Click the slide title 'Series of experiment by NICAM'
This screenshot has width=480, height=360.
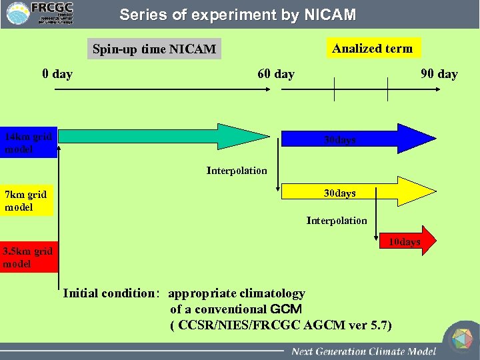tap(237, 15)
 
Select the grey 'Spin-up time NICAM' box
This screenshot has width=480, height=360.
tap(154, 49)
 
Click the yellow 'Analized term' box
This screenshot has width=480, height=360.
tap(372, 48)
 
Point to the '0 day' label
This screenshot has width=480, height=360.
tap(57, 73)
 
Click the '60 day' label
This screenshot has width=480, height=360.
tap(276, 73)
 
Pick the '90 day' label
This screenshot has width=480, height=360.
tap(439, 73)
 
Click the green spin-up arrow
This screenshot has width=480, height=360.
tap(160, 137)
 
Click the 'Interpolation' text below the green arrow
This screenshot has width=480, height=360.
tap(237, 171)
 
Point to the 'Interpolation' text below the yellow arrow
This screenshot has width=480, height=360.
tap(336, 221)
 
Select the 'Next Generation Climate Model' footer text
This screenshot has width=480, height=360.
tap(363, 351)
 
